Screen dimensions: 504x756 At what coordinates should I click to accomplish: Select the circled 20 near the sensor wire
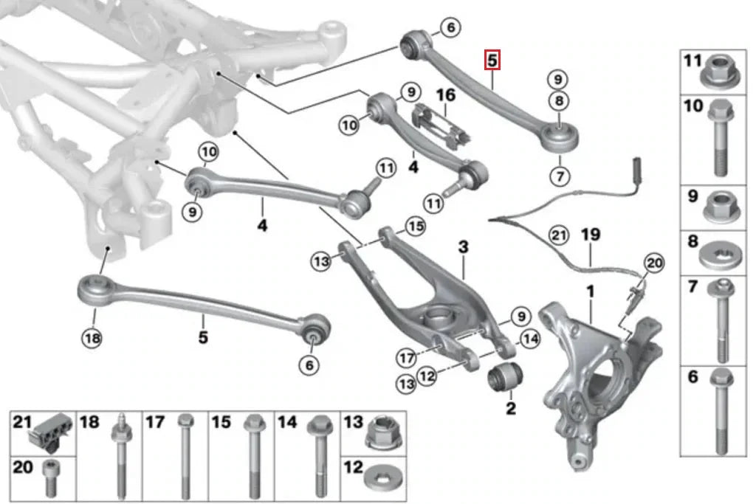coord(654,262)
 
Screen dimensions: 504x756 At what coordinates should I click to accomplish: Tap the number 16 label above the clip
coord(445,95)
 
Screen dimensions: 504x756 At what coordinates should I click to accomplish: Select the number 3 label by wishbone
coord(463,246)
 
